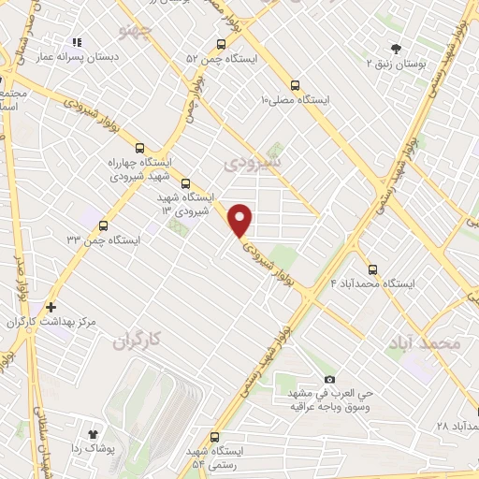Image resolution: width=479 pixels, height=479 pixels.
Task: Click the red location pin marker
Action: (240, 220)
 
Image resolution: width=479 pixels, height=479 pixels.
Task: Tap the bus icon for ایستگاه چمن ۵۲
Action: (222, 43)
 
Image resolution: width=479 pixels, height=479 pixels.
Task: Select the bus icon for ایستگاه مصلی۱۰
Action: (296, 83)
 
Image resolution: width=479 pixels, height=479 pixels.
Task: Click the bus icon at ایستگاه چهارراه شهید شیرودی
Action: (140, 148)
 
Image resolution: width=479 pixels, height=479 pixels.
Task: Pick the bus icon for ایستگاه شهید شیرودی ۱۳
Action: (184, 183)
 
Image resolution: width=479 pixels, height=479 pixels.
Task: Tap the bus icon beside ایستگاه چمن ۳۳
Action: (102, 225)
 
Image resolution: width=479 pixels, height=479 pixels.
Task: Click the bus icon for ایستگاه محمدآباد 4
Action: (373, 269)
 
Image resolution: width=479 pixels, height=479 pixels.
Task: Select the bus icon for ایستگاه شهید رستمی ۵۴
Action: (215, 437)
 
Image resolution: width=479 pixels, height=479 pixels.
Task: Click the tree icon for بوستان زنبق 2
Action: (396, 49)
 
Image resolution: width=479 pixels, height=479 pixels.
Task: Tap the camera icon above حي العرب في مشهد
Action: (328, 379)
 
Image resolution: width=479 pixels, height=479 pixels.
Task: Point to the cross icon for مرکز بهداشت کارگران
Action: (51, 306)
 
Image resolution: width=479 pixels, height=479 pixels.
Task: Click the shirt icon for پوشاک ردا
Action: (93, 433)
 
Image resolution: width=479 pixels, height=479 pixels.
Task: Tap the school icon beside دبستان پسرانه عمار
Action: (78, 42)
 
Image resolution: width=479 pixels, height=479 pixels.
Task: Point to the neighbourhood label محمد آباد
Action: (424, 343)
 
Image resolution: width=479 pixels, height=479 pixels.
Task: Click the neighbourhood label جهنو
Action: (136, 34)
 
